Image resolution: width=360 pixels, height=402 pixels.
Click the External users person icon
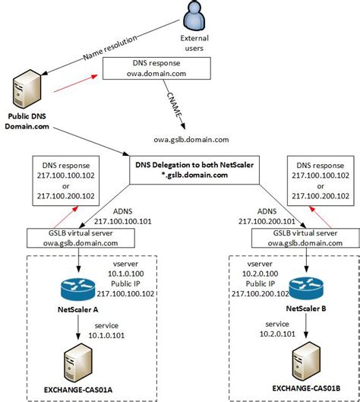coord(194,17)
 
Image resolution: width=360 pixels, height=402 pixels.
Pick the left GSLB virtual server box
coord(74,238)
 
